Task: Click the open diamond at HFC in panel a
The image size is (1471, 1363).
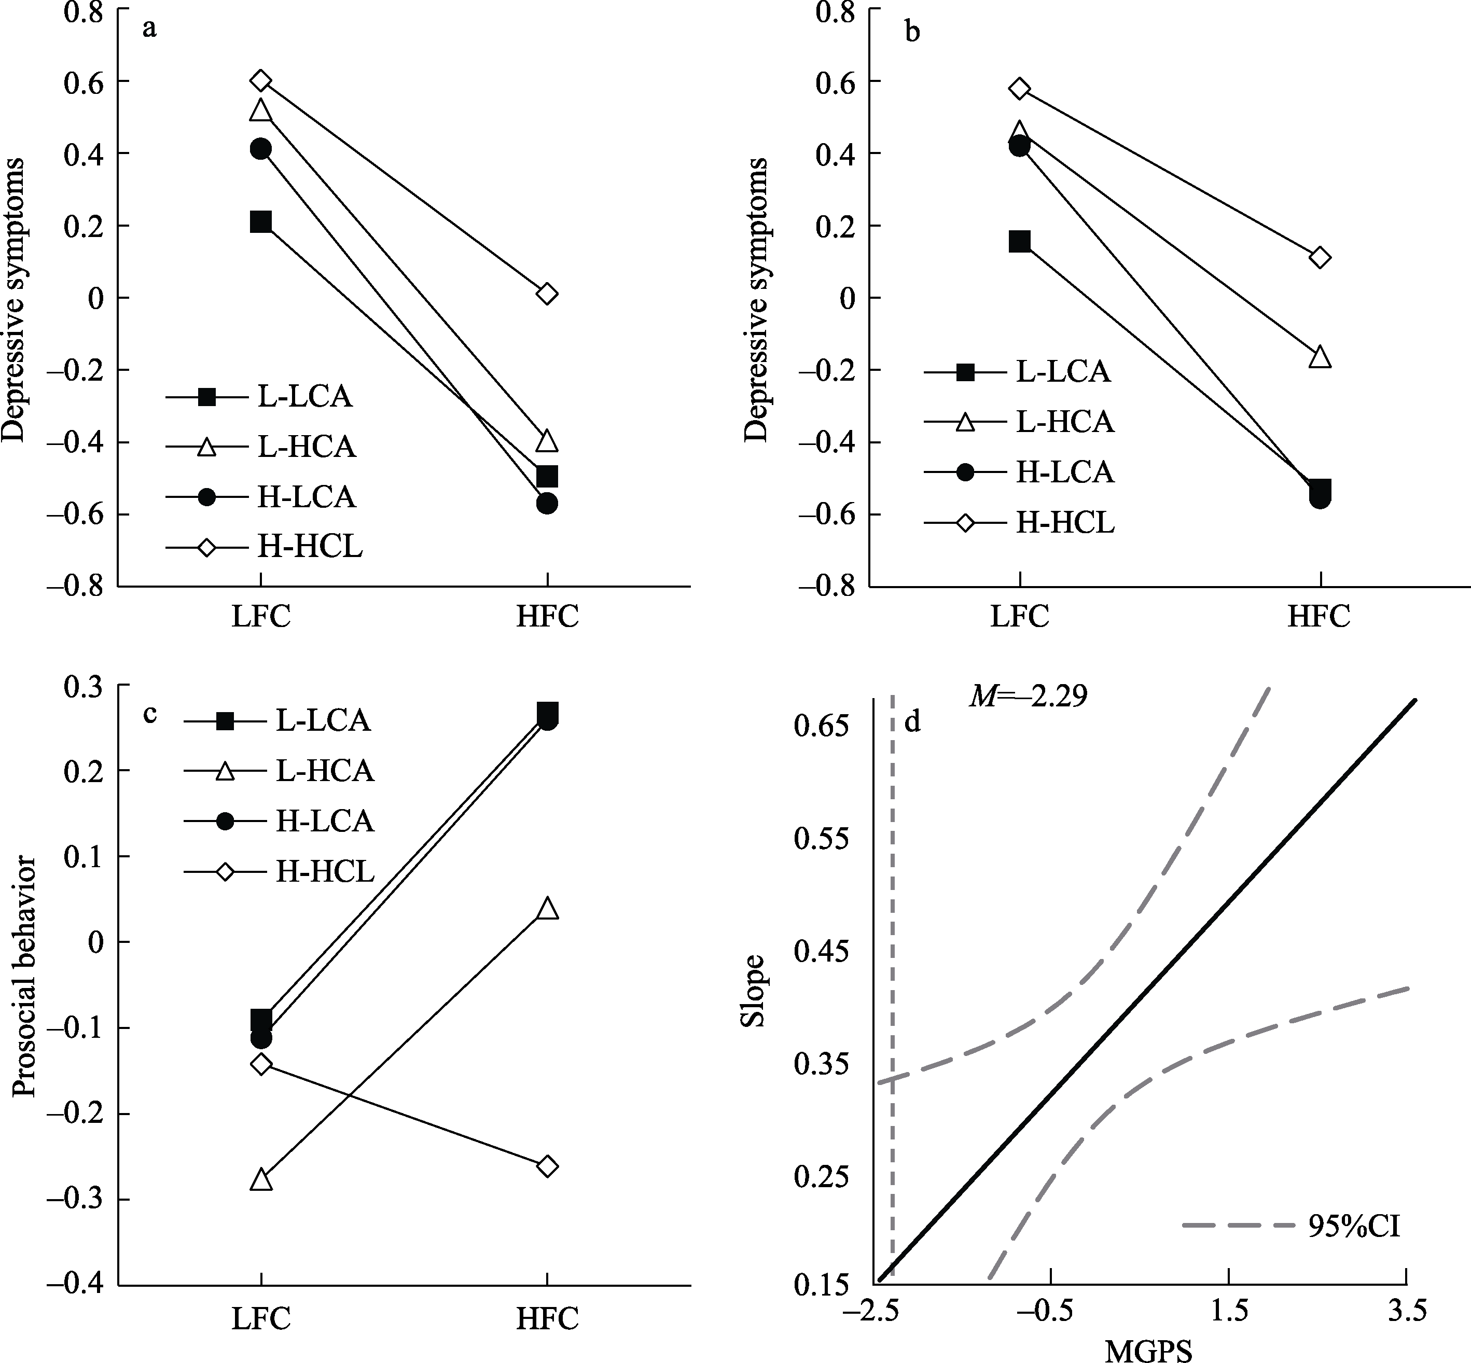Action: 547,294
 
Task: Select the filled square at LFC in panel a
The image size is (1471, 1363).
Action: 260,221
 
